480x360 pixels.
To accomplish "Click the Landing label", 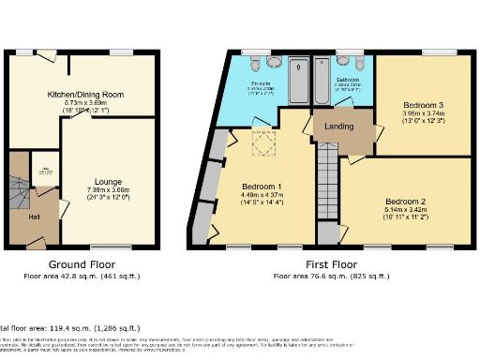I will [338, 127].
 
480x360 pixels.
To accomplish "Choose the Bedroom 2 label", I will [406, 202].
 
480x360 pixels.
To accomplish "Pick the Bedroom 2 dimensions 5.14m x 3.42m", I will [406, 212].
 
